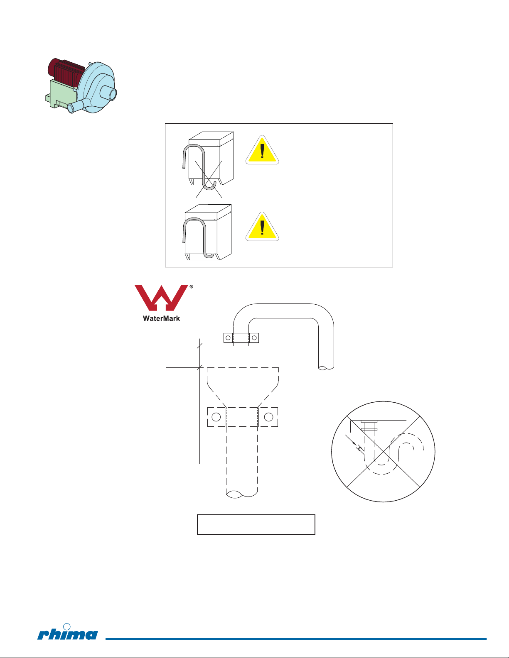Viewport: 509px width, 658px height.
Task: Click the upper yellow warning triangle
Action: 262,150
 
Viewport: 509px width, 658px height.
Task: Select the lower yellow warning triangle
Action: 262,227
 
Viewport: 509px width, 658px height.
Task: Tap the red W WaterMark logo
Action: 161,298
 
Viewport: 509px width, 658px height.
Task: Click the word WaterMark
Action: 161,318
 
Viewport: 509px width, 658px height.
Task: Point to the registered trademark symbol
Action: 191,287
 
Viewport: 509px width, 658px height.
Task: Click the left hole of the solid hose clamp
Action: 228,338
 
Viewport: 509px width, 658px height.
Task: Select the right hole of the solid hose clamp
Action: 254,338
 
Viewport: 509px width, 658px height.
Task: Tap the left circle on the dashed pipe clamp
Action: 216,417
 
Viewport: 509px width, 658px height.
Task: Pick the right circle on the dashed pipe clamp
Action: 268,417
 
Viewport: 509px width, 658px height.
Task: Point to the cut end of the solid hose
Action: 326,367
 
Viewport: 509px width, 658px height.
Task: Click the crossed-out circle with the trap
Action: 383,452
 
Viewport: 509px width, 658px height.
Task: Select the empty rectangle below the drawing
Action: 256,524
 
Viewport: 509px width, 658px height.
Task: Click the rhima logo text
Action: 68,634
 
